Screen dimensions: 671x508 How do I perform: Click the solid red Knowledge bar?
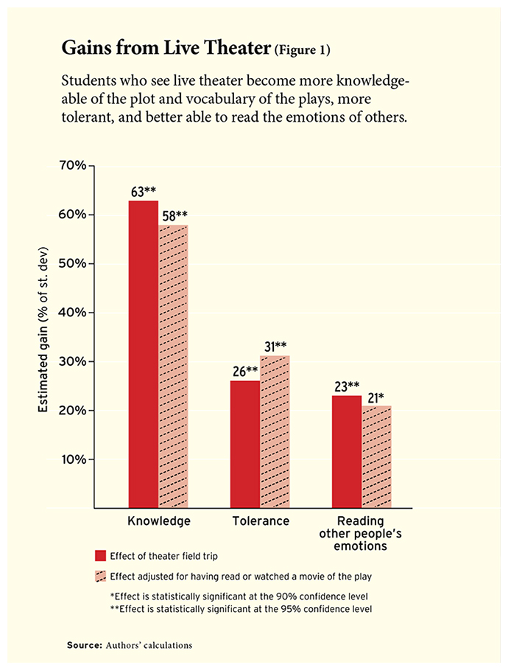point(144,354)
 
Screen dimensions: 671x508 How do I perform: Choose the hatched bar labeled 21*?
point(376,456)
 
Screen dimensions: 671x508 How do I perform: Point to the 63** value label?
point(143,192)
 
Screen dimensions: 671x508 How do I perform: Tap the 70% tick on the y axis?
point(71,166)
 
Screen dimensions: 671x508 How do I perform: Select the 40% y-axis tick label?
point(71,313)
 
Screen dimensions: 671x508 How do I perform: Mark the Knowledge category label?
point(159,521)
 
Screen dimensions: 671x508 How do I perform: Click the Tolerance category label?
point(260,521)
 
